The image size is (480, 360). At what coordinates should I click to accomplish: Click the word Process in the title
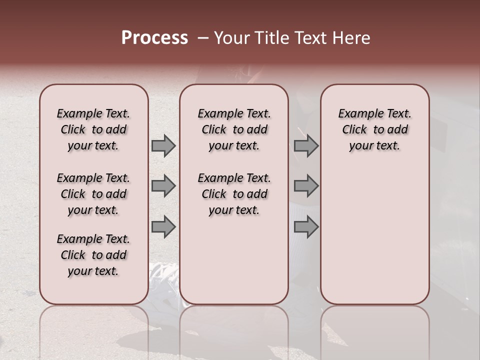click(x=154, y=38)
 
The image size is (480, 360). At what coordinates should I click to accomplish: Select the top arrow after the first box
click(x=163, y=146)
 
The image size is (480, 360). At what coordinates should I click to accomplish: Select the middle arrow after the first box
click(x=163, y=186)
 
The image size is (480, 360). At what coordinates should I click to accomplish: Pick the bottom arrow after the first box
click(x=163, y=226)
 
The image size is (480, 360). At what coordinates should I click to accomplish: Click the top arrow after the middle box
click(x=306, y=146)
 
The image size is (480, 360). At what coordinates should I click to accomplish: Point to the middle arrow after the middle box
click(x=306, y=186)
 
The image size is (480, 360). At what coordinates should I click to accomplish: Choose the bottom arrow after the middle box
click(x=306, y=226)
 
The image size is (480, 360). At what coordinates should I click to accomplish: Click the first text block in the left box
click(x=93, y=129)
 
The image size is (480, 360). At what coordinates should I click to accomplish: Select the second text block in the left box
click(x=93, y=194)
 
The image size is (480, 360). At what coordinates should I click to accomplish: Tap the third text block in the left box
click(x=93, y=255)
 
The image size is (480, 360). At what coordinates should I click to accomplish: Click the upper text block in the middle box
click(x=234, y=129)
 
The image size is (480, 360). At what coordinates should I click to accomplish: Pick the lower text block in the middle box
click(x=234, y=194)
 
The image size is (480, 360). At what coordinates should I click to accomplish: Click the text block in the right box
click(x=375, y=129)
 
